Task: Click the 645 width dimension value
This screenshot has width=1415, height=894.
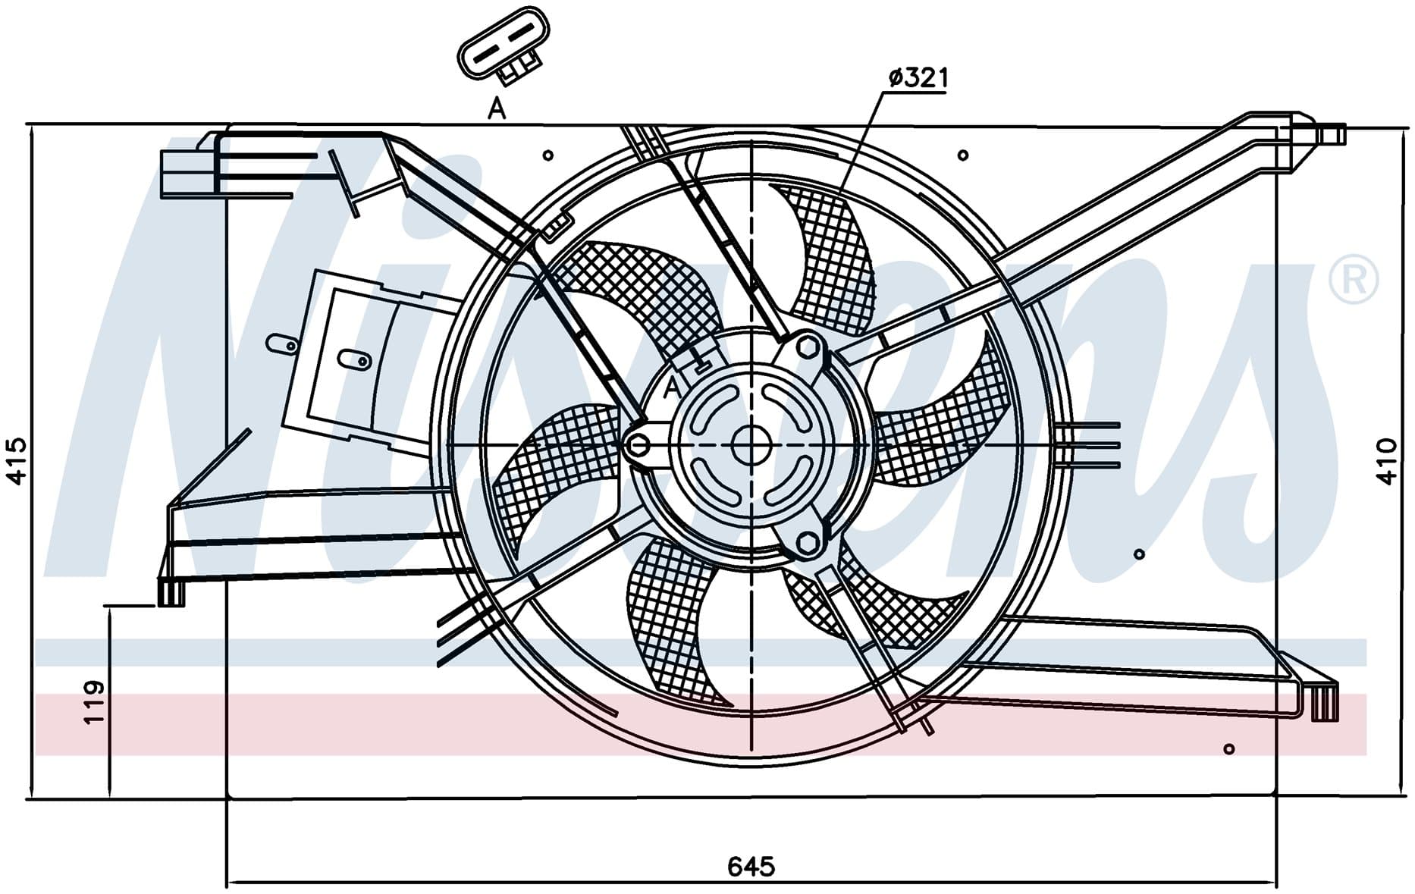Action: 751,865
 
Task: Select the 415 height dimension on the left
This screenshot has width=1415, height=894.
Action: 17,460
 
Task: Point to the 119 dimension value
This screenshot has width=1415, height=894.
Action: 93,701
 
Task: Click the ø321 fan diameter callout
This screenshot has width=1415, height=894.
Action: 918,77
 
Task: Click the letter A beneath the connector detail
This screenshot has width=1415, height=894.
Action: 497,110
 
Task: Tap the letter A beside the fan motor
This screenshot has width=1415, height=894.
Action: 672,388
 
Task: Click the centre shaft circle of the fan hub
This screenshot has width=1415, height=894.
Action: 751,444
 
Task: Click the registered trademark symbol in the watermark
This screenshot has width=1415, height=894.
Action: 1354,281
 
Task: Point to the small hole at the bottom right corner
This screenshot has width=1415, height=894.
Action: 1229,748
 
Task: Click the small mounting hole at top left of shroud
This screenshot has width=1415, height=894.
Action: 548,155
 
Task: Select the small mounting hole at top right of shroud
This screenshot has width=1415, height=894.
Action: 962,155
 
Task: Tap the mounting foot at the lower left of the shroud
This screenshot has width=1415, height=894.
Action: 171,591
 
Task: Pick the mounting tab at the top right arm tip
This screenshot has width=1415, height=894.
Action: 1331,134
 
